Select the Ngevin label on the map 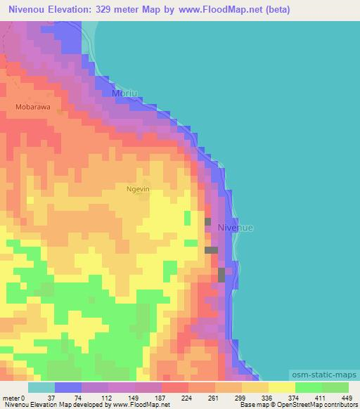137,189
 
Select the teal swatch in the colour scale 41,388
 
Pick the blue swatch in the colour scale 67,388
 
